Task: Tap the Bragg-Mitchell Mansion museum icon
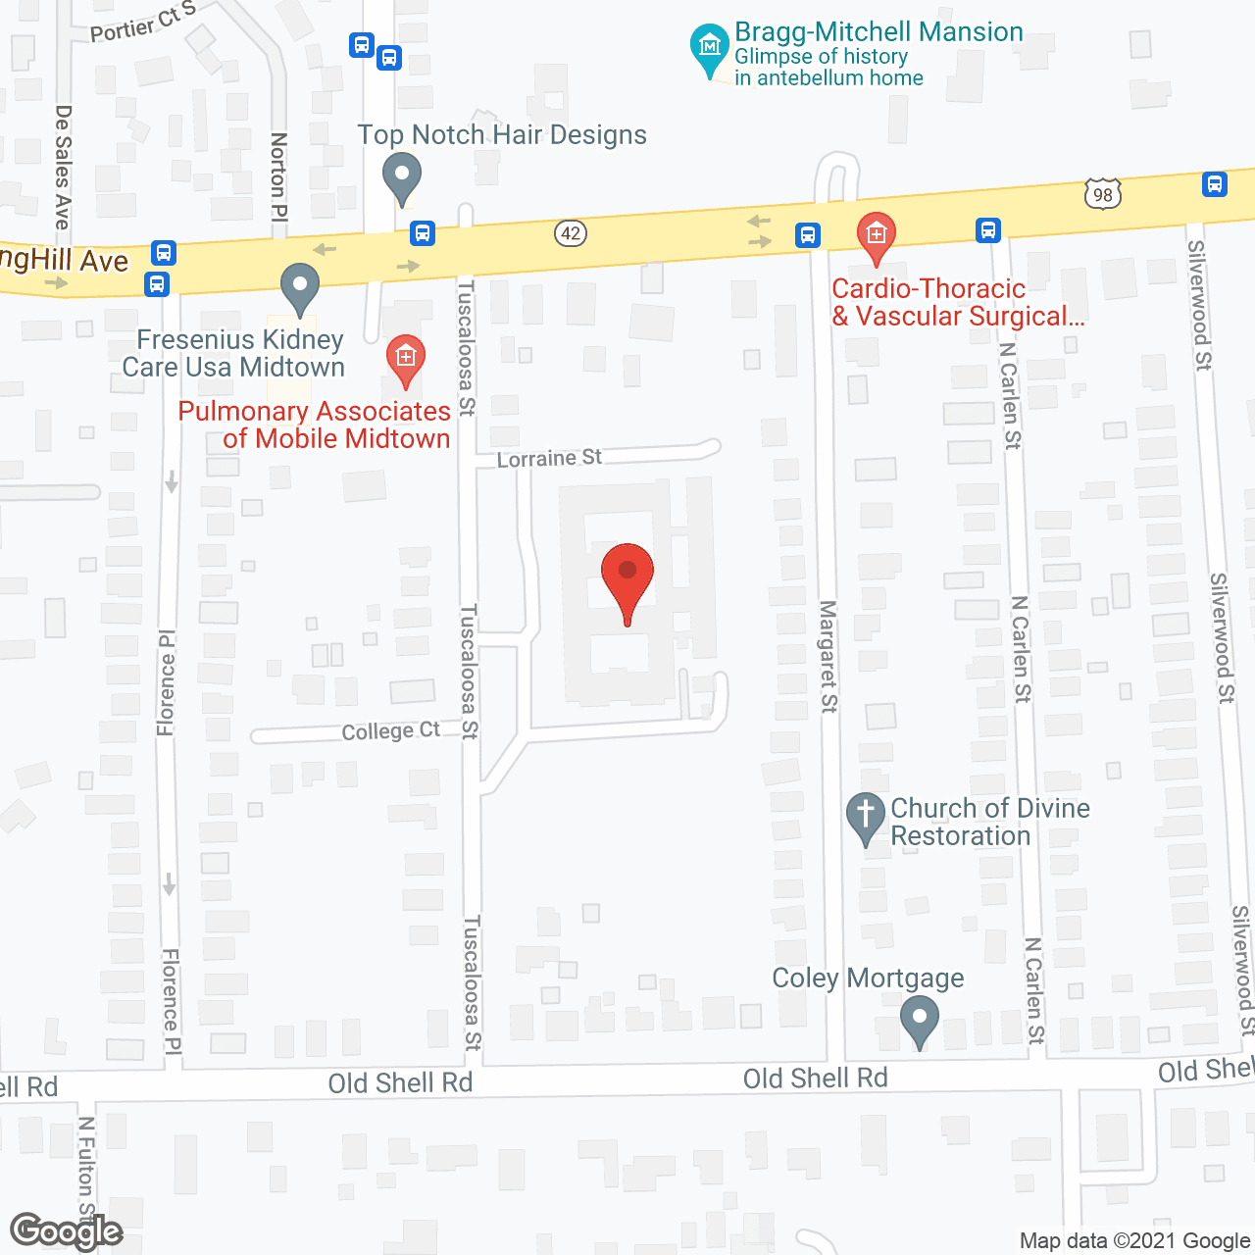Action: point(709,47)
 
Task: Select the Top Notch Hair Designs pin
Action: point(401,178)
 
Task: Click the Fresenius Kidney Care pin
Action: point(300,287)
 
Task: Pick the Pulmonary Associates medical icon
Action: point(405,358)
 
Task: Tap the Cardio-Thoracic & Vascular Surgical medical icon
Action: point(876,235)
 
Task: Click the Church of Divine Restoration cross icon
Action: point(865,816)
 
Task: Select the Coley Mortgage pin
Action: point(919,1019)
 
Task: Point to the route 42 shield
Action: point(571,233)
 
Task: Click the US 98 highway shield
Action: point(1103,194)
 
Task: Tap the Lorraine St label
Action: point(549,458)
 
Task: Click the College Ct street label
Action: point(390,731)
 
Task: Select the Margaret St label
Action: point(829,657)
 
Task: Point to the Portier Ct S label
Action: point(142,23)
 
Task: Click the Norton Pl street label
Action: point(279,176)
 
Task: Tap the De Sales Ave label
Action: point(64,167)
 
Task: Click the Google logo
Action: point(66,1231)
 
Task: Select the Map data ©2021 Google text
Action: point(1134,1240)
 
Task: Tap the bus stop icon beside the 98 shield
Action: point(1214,183)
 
